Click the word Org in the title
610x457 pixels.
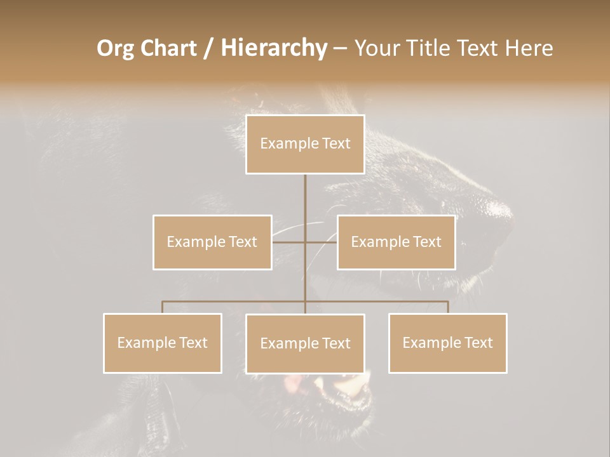click(x=116, y=48)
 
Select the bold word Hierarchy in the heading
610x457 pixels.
click(x=273, y=48)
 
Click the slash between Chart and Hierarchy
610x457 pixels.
click(x=209, y=48)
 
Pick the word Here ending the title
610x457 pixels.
click(x=529, y=48)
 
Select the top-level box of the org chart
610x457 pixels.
click(x=305, y=144)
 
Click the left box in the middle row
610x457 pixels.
click(x=212, y=242)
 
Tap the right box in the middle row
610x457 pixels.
click(x=396, y=242)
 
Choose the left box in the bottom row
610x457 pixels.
click(x=163, y=343)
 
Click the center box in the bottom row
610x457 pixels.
click(x=305, y=343)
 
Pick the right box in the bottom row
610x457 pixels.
click(x=447, y=343)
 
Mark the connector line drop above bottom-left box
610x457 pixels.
click(x=163, y=307)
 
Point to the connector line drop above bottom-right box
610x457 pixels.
click(x=448, y=307)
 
